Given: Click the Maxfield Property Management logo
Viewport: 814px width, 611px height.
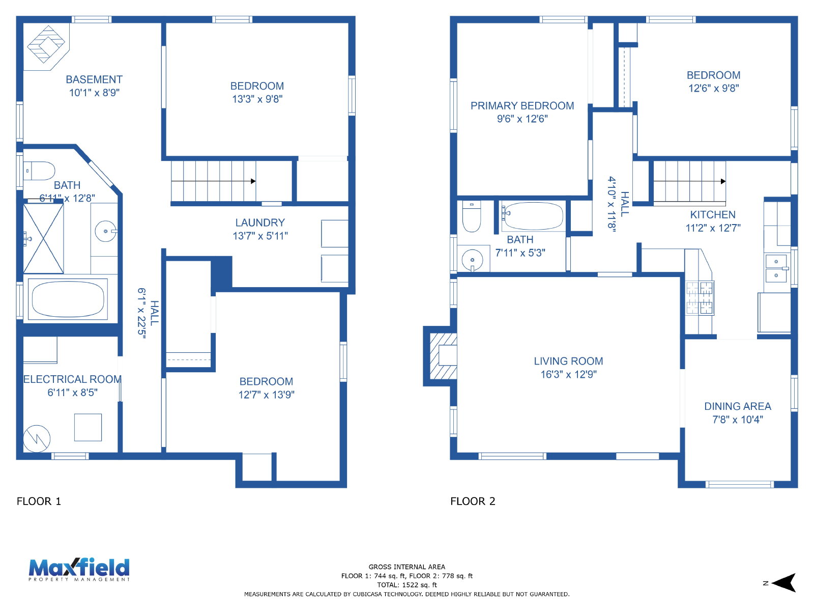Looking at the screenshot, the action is coord(79,569).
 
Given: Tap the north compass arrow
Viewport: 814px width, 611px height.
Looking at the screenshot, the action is coord(783,583).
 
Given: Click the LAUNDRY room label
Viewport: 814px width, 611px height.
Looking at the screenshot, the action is coord(260,223).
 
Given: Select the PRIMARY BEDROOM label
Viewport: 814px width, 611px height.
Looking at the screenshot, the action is coord(522,106).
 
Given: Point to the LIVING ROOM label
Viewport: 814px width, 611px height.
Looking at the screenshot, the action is coord(568,361).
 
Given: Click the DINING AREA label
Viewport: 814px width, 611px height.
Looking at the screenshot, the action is coord(738,406).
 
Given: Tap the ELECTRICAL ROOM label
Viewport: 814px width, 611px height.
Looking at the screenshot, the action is coord(72,379).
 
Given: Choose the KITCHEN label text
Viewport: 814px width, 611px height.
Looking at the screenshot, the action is coord(713,214).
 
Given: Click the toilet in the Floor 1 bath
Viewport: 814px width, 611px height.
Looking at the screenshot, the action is coord(39,171).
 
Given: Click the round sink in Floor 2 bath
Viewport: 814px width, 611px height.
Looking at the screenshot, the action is coord(472,260).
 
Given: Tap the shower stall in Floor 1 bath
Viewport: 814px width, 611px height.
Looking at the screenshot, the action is coord(43,238).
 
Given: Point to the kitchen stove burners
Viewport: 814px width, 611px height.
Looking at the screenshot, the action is coord(700,298).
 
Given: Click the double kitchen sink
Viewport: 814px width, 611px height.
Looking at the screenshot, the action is coord(776,268).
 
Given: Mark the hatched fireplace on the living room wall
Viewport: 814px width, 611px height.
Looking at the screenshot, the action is coord(443,356).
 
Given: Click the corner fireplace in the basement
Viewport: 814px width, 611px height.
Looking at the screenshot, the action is coord(46,44).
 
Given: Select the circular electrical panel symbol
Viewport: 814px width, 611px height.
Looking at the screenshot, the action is coord(37,438).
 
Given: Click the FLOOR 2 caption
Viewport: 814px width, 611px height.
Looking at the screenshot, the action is coord(473,501).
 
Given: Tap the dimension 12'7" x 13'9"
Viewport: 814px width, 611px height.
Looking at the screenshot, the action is coord(266,394).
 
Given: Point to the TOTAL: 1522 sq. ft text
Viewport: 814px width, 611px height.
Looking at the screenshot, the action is coord(407,585).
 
